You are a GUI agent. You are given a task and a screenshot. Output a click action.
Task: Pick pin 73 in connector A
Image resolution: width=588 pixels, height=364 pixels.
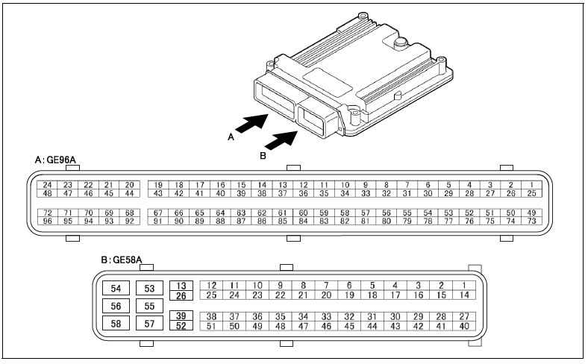pyautogui.click(x=532, y=221)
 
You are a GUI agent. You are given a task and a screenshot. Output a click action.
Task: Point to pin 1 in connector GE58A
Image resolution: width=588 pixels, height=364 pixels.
pyautogui.click(x=464, y=285)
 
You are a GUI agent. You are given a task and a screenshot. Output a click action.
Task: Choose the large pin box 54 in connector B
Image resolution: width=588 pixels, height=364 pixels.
pyautogui.click(x=116, y=289)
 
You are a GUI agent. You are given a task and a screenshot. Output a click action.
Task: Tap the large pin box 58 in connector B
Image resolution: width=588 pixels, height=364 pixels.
pyautogui.click(x=116, y=323)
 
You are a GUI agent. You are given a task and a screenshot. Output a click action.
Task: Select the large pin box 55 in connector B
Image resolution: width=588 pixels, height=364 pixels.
pyautogui.click(x=149, y=306)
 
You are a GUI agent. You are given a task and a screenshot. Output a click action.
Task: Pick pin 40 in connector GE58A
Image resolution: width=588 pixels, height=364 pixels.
pyautogui.click(x=464, y=325)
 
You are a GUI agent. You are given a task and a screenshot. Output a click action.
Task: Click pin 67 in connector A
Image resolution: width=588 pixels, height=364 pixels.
pyautogui.click(x=158, y=213)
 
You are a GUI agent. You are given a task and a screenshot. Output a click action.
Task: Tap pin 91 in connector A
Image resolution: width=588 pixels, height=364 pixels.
pyautogui.click(x=158, y=221)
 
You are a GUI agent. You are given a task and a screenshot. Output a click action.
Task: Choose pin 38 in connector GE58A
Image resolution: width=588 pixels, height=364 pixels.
pyautogui.click(x=212, y=316)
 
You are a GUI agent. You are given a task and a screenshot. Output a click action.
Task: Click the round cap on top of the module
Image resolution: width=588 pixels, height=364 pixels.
pyautogui.click(x=401, y=43)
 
